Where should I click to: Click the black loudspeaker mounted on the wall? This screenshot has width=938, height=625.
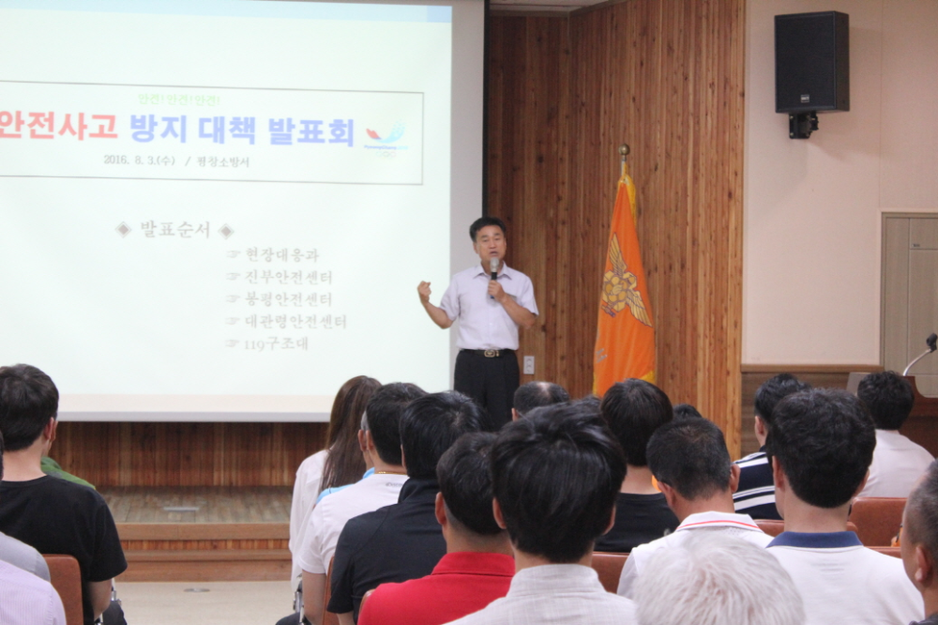tap(811, 62)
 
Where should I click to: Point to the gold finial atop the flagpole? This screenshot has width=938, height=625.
tap(623, 150)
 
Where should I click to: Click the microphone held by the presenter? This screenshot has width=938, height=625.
tap(493, 268)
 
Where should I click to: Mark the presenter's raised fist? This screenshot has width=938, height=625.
tap(424, 290)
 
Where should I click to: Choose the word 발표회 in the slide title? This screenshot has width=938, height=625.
tap(310, 130)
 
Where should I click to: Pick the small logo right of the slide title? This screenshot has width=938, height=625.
tap(386, 137)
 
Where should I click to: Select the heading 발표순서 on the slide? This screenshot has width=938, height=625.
tap(174, 230)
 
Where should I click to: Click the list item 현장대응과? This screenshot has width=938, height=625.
tap(281, 254)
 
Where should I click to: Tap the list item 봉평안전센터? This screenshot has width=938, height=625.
tap(288, 299)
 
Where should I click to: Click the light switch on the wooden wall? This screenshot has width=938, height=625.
tap(529, 364)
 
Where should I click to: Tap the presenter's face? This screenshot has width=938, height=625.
tap(490, 243)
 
